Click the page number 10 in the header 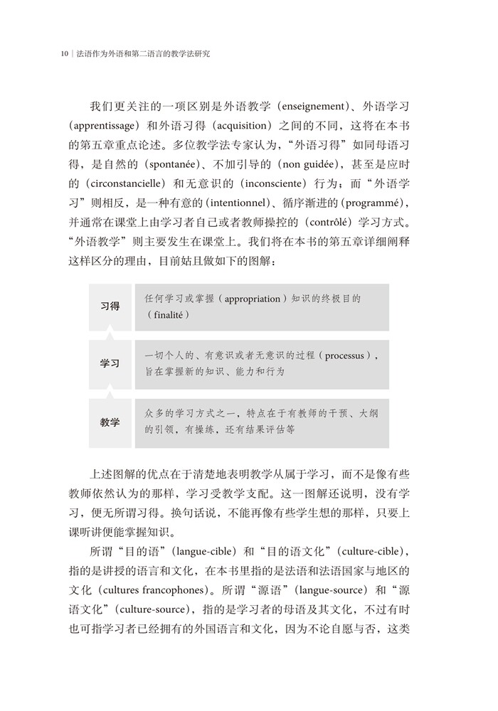[64, 53]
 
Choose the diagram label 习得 [110, 306]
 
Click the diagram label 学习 [110, 363]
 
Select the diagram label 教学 [110, 422]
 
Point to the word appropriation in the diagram [252, 299]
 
